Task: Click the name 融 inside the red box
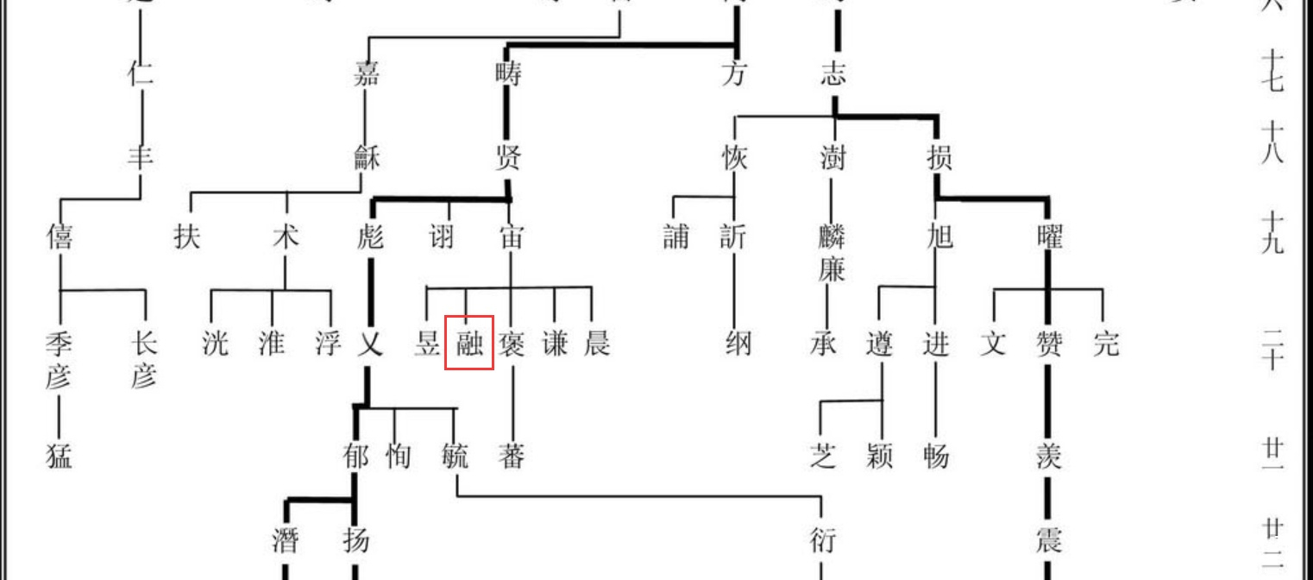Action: click(x=469, y=344)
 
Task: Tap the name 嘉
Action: click(x=367, y=74)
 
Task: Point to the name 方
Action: click(x=734, y=74)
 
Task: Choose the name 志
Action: click(x=833, y=74)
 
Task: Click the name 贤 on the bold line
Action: click(x=508, y=158)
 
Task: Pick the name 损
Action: click(x=939, y=158)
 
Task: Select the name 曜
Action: click(x=1049, y=235)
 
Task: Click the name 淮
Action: click(x=272, y=344)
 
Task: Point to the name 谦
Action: click(x=555, y=344)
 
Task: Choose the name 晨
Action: click(x=596, y=344)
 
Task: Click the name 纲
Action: click(x=738, y=344)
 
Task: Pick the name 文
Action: click(x=993, y=344)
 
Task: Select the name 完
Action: click(x=1105, y=344)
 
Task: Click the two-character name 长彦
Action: click(x=143, y=360)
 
